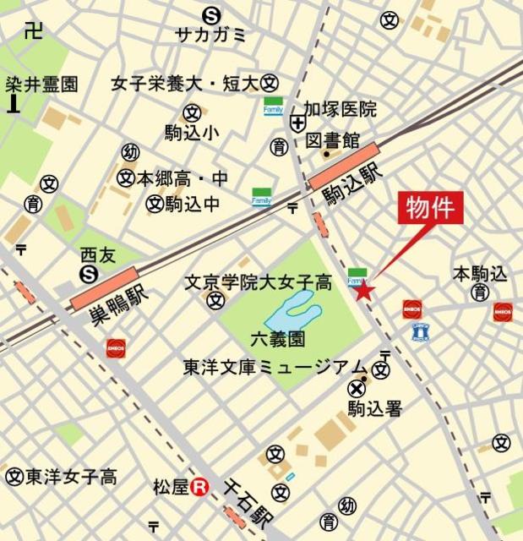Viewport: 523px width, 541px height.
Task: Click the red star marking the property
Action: [363, 292]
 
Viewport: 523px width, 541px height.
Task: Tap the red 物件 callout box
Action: [431, 207]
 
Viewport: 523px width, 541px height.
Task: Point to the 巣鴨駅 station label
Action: [113, 304]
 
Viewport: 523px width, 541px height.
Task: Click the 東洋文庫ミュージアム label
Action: [275, 368]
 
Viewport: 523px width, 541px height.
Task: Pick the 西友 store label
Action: [95, 253]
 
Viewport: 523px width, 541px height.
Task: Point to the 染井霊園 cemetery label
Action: [41, 85]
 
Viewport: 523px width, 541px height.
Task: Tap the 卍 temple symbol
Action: [33, 31]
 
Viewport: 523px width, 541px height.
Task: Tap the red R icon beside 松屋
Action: [199, 486]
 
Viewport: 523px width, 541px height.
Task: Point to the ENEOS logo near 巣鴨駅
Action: [116, 347]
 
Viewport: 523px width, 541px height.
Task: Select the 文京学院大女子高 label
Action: [258, 281]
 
